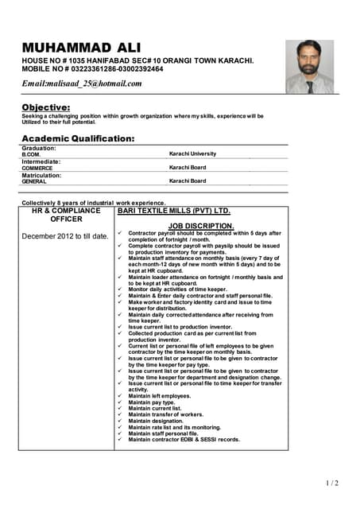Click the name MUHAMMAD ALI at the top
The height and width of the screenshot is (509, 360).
point(83,47)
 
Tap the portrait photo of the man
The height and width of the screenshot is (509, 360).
point(309,67)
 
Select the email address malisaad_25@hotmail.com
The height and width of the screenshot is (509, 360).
point(82,84)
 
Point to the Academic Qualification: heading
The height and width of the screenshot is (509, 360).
point(78,138)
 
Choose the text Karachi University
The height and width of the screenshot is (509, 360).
point(196,153)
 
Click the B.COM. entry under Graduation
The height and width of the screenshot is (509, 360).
point(31,153)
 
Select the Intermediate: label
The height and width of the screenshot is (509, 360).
point(42,161)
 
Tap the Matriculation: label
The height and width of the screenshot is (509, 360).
point(43,175)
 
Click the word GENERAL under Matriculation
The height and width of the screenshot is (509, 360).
point(34,181)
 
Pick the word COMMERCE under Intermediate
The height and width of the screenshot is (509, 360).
point(37,168)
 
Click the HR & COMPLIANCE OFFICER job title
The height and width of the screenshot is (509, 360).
point(66,215)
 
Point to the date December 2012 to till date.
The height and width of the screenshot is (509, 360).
point(64,236)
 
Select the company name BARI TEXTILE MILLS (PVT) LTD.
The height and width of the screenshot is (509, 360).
point(173,212)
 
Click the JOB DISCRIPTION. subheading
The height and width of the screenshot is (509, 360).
point(201,226)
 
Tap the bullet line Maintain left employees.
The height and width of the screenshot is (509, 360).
point(159,396)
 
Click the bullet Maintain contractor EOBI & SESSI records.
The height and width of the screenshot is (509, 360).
point(184,439)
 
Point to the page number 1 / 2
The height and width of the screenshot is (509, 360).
point(332,483)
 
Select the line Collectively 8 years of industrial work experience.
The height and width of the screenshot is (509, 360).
point(94,202)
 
